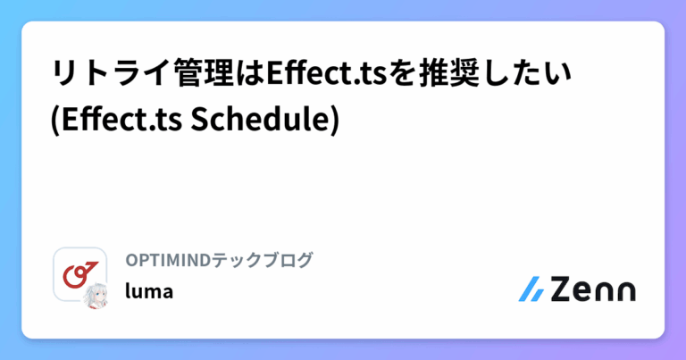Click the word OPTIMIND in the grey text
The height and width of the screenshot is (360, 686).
167,260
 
